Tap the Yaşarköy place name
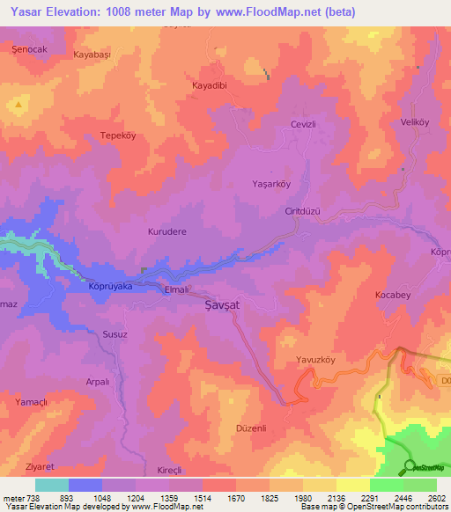click(272, 185)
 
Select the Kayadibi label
click(211, 86)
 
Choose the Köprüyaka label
click(110, 286)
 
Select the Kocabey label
click(392, 295)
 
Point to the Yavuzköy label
click(316, 361)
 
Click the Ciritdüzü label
click(302, 211)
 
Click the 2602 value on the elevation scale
click(436, 498)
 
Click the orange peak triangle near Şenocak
click(18, 105)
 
